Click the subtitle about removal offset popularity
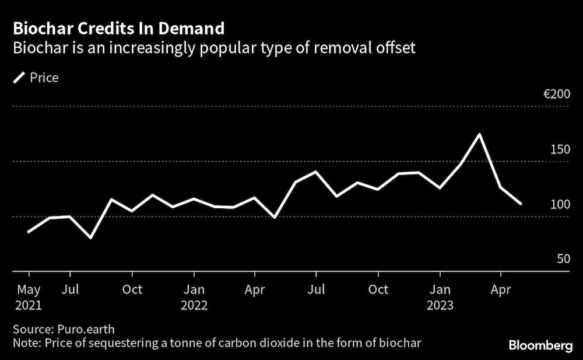click(214, 48)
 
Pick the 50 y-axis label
click(563, 258)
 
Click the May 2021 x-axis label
click(29, 297)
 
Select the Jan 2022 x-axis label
click(194, 297)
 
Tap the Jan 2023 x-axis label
click(440, 297)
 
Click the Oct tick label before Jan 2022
click(132, 290)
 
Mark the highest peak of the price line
click(479, 135)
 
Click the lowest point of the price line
click(90, 238)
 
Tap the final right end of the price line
click(521, 204)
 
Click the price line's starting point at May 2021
click(29, 232)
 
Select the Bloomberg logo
click(541, 346)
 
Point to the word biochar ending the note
click(402, 341)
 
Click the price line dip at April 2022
click(275, 218)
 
